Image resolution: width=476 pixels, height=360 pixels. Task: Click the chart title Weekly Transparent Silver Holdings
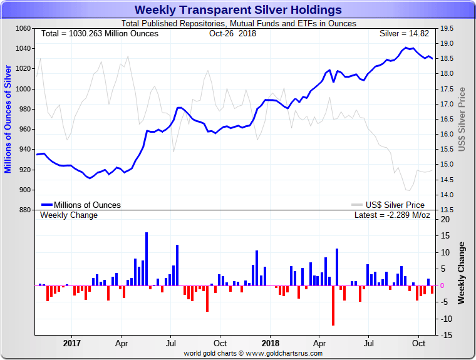point(238,10)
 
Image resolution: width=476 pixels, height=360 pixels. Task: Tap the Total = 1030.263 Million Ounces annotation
point(100,33)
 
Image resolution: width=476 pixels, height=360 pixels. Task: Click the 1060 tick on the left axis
point(23,29)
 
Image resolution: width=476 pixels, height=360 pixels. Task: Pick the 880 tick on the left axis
point(24,210)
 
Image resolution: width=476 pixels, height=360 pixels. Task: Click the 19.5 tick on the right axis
point(447,29)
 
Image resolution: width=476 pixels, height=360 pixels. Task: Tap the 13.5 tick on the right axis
point(447,210)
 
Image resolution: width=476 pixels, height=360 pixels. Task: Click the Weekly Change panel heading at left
point(69,215)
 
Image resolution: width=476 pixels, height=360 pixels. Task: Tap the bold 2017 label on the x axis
point(72,343)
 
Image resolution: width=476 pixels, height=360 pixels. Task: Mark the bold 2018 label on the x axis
point(271,343)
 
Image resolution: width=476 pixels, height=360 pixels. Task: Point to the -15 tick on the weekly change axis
point(445,336)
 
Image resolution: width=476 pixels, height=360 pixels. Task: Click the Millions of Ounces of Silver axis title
point(8,119)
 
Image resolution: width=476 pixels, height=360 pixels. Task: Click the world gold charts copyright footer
point(253,353)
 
